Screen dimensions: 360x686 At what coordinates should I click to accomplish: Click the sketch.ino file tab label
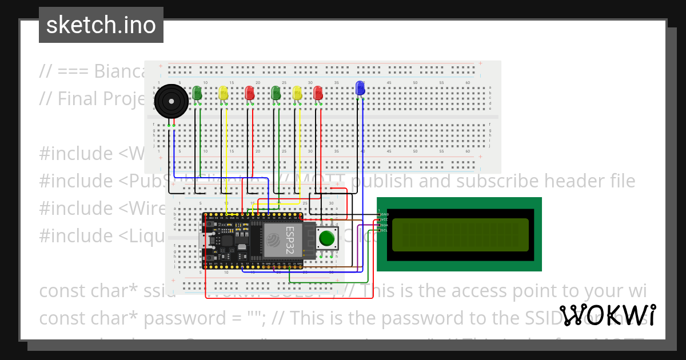[x=101, y=25]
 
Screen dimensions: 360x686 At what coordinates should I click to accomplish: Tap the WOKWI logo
[x=607, y=315]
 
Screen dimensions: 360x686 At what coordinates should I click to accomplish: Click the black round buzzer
[x=171, y=101]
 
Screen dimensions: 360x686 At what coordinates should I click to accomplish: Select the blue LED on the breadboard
[x=360, y=88]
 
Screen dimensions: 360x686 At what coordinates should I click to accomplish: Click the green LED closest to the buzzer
[x=197, y=93]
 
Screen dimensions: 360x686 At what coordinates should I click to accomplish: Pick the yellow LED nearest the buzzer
[x=224, y=93]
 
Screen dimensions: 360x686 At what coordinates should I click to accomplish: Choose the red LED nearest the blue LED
[x=318, y=93]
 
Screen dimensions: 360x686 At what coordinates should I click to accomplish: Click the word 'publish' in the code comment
[x=382, y=181]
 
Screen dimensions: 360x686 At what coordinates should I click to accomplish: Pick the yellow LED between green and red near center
[x=297, y=93]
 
